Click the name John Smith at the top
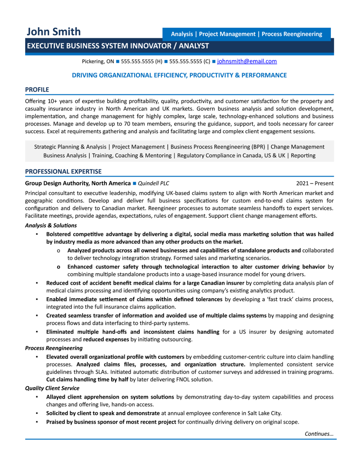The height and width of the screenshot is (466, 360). (x=54, y=32)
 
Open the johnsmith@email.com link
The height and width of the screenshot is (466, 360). (x=247, y=61)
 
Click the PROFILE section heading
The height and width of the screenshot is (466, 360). (x=37, y=89)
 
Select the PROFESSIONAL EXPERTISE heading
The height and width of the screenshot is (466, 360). (x=63, y=171)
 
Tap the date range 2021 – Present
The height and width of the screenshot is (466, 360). (x=315, y=183)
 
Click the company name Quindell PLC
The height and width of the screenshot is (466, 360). (x=153, y=183)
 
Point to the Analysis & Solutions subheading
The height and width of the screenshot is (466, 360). (x=51, y=225)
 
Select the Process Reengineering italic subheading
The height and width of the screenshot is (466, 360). (x=54, y=348)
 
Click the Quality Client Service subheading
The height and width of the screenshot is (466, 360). (x=52, y=388)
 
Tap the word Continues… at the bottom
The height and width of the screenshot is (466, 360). (x=319, y=434)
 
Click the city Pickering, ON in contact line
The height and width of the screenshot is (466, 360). (x=98, y=61)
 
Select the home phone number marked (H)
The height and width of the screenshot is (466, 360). (x=141, y=61)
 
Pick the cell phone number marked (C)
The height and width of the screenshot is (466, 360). (x=190, y=61)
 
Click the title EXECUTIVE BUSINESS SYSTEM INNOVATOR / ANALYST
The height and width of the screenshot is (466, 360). (x=118, y=46)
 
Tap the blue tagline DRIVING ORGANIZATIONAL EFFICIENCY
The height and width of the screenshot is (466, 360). (x=179, y=75)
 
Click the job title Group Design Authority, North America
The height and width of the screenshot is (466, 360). (x=78, y=183)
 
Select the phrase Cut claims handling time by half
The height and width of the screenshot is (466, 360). (x=87, y=380)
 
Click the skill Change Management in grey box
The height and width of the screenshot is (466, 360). (x=297, y=147)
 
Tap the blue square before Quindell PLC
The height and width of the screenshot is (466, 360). (x=134, y=183)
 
